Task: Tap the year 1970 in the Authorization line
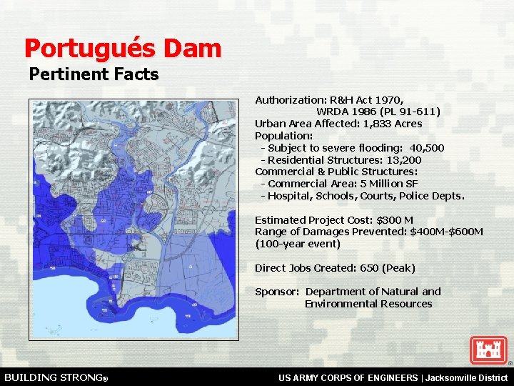click(x=390, y=100)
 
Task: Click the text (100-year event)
click(x=298, y=244)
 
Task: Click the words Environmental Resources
click(x=368, y=304)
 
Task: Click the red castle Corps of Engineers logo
click(x=488, y=350)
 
